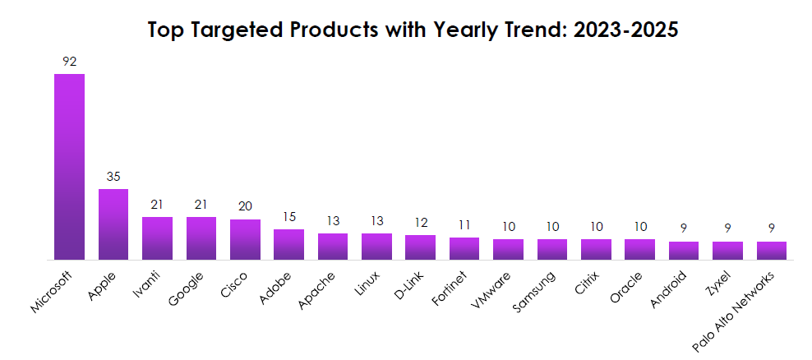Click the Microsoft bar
point(69,167)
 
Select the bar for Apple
point(113,224)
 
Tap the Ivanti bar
point(157,238)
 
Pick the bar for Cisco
point(245,239)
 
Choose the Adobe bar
point(288,244)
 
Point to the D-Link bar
point(420,247)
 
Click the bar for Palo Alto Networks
point(771,251)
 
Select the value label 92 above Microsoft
point(69,62)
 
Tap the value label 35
point(113,177)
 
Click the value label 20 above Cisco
point(245,207)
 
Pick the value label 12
point(420,223)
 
